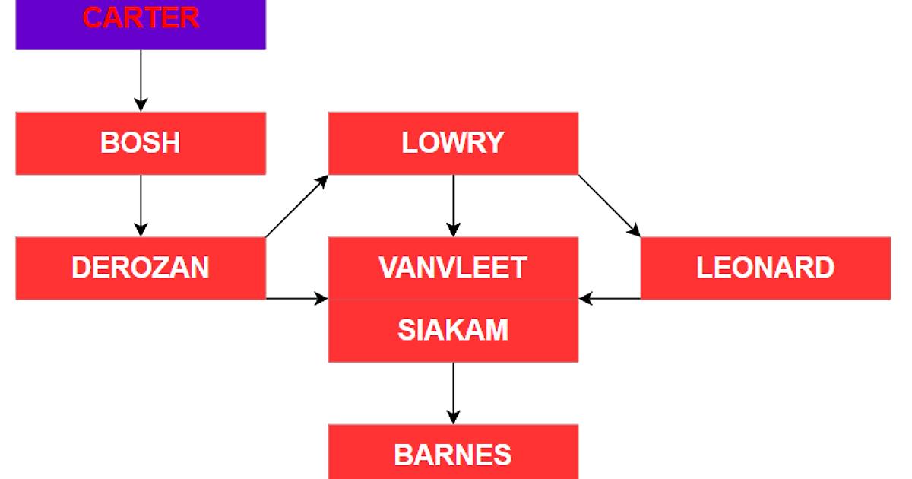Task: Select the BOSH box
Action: (141, 143)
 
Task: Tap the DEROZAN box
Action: (141, 268)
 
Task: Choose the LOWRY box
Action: (453, 143)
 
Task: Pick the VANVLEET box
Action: (453, 268)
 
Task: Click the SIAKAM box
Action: (453, 331)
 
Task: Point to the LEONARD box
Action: (765, 268)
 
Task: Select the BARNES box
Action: (453, 455)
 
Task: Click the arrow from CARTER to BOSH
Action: (141, 80)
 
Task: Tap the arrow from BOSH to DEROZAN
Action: (141, 205)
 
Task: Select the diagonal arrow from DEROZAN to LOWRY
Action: (296, 206)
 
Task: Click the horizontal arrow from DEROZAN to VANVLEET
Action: (296, 299)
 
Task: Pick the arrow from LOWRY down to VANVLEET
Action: (453, 205)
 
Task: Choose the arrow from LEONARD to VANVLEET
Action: (610, 299)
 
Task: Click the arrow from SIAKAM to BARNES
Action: (453, 392)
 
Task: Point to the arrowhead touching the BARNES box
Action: (453, 417)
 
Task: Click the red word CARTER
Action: (141, 17)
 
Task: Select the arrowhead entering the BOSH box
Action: (141, 105)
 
